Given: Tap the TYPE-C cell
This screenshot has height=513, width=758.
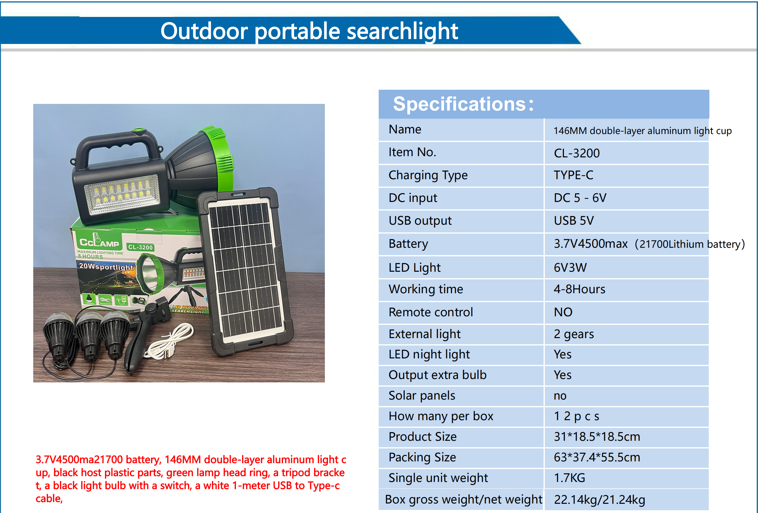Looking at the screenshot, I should [x=573, y=175].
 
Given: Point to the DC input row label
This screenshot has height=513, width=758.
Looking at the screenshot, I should [x=413, y=198].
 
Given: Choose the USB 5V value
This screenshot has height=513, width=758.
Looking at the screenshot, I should [x=573, y=221].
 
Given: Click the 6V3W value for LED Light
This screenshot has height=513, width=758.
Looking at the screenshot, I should [x=570, y=268].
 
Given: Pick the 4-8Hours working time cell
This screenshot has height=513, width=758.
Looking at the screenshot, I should [x=579, y=290].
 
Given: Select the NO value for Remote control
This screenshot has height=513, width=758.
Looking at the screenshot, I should [x=563, y=312].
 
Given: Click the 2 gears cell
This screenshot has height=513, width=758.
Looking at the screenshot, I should [x=573, y=334].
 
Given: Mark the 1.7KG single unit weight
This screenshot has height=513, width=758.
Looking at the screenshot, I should [x=569, y=478].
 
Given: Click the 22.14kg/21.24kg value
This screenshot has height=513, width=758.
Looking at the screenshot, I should [x=599, y=500].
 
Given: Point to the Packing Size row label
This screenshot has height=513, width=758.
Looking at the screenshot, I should [x=422, y=457].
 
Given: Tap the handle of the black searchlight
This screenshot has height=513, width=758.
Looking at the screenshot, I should [x=118, y=144].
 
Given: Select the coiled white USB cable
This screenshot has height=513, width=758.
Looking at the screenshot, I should [x=170, y=342].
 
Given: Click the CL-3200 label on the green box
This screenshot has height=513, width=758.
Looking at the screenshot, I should [x=140, y=247].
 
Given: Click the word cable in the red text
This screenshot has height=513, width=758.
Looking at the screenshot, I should [x=49, y=499].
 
